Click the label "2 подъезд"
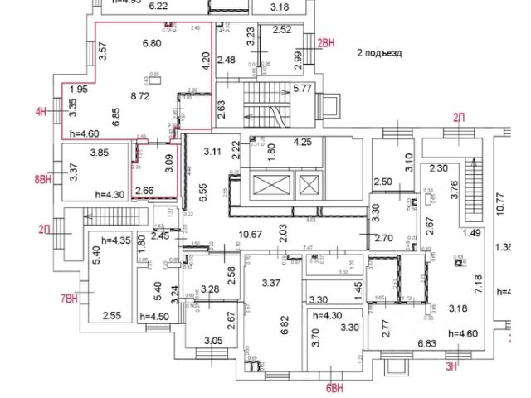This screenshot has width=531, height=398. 378,52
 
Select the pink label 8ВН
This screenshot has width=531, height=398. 44,178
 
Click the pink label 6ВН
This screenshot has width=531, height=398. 334,386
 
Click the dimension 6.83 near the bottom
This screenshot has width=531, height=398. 426,342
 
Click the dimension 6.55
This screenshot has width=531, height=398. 202,192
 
